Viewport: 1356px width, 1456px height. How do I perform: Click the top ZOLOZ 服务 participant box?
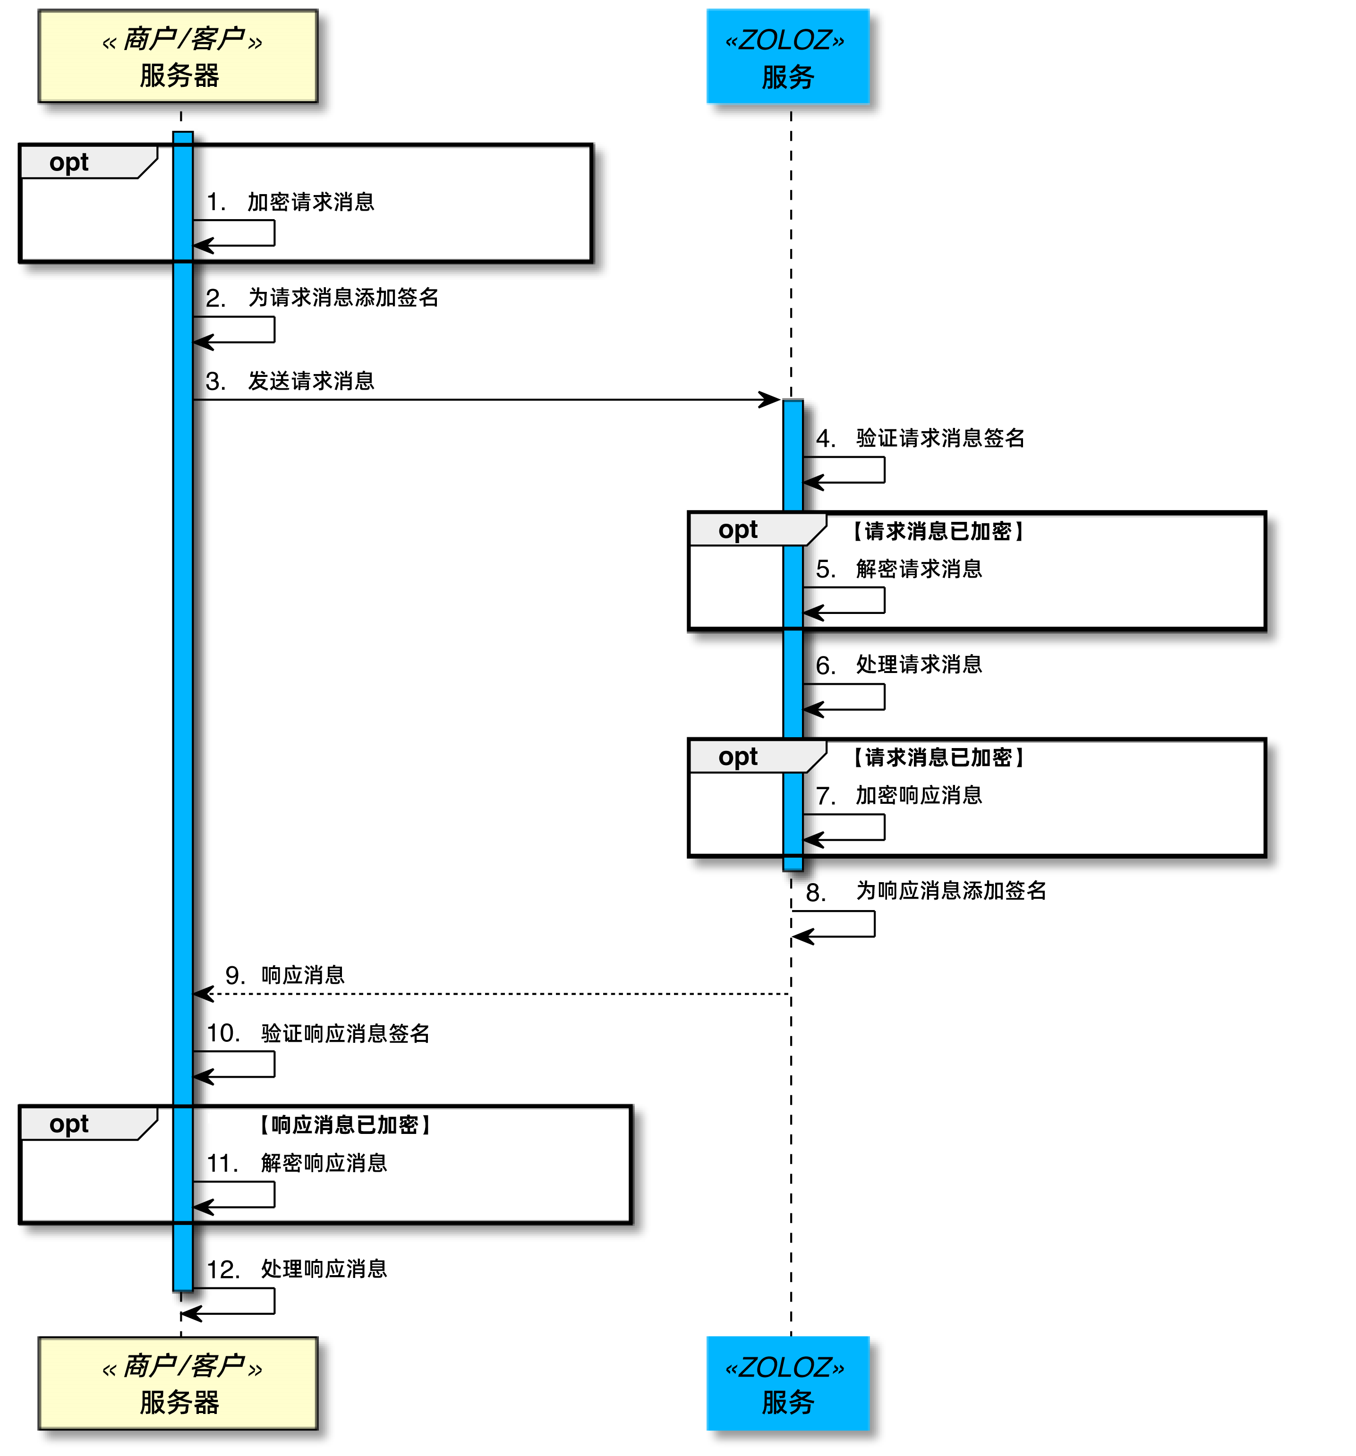787,56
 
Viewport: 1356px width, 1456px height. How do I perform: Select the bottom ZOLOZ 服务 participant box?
787,1383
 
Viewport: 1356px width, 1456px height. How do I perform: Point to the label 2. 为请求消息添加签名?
322,298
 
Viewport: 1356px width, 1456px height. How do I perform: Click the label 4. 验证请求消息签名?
920,438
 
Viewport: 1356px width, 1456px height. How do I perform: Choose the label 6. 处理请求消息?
898,664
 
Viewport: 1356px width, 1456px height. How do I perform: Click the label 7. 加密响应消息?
898,795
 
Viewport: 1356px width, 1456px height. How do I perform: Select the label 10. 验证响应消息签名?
318,1033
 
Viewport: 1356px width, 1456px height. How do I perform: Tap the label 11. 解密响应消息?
297,1163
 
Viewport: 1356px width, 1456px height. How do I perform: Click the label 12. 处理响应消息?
297,1269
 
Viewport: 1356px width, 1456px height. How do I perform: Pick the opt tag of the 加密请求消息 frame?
69,162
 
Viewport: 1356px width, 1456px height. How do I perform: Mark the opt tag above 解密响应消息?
69,1124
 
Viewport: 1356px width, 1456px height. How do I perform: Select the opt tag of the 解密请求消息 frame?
738,529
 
